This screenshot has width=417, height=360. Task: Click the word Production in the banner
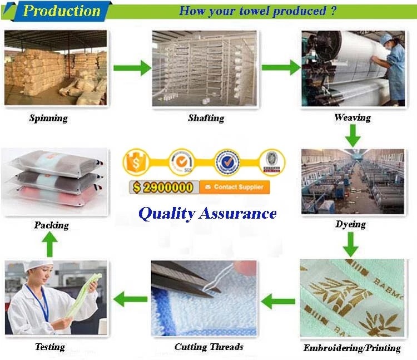(x=61, y=11)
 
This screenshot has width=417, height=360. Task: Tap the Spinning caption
(x=48, y=118)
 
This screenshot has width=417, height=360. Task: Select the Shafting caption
(x=206, y=118)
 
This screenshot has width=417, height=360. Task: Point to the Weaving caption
(x=352, y=117)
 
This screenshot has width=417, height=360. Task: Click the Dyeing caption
(x=350, y=224)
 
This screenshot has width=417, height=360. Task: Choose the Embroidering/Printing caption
(x=352, y=348)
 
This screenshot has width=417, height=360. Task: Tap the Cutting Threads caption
(x=209, y=347)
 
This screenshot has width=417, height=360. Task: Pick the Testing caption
(x=49, y=347)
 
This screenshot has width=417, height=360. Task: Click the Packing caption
(x=51, y=225)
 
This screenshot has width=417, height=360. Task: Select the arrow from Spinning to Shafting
(x=132, y=68)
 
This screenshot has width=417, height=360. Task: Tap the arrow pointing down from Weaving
(x=352, y=135)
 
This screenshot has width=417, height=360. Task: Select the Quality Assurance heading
(x=207, y=213)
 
